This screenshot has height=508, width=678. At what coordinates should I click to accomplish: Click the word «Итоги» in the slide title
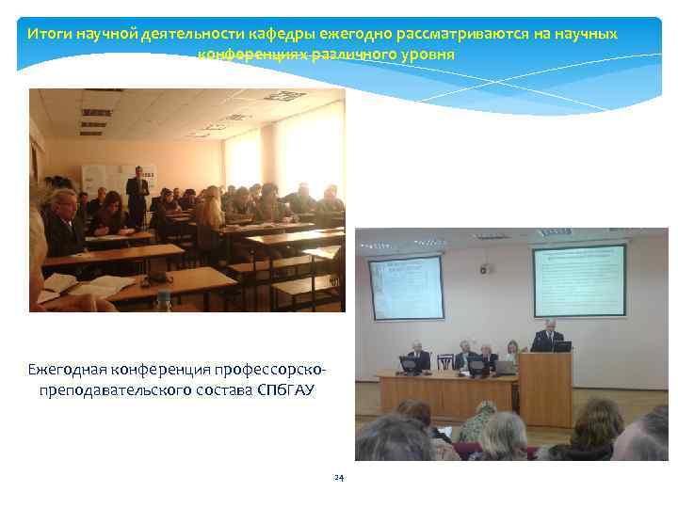click(44, 34)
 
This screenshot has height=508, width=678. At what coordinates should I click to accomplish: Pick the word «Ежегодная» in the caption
click(68, 366)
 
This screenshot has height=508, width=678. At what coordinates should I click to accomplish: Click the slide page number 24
click(339, 478)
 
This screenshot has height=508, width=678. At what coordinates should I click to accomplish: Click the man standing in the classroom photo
click(137, 195)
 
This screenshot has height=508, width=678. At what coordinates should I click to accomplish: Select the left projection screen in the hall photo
click(406, 287)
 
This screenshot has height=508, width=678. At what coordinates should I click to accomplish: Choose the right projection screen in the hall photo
click(579, 280)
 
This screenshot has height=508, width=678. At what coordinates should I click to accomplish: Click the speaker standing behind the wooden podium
click(549, 336)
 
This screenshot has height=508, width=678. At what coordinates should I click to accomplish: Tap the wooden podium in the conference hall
click(545, 388)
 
